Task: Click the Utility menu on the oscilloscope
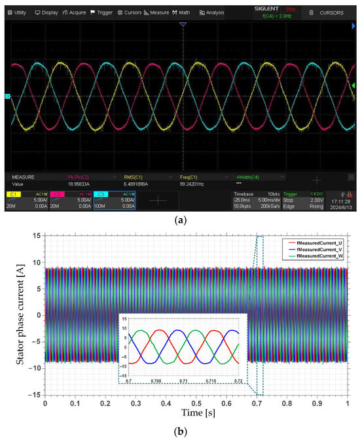coord(16,12)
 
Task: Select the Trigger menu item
coord(101,12)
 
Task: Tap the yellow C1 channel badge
coord(13,195)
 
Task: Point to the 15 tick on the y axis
coord(37,235)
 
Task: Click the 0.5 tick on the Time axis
coord(196,405)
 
